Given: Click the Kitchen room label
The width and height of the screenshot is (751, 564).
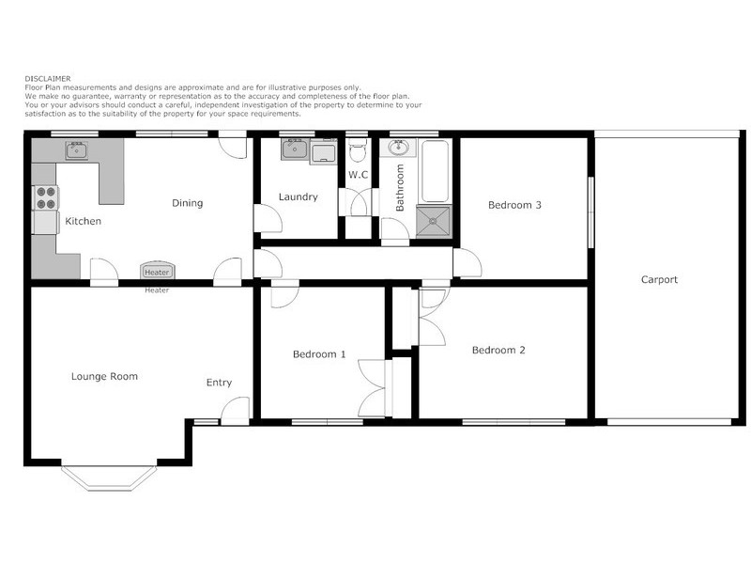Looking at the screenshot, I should (83, 221).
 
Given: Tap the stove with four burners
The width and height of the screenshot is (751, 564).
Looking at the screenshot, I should (45, 197).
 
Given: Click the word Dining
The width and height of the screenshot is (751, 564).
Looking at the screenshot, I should (187, 203).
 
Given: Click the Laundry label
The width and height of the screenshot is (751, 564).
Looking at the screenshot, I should (298, 197).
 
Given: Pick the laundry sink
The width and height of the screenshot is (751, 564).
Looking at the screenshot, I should (292, 148).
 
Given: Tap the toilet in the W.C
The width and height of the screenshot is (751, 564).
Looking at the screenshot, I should (357, 151).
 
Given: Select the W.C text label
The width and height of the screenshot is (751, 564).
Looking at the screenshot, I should (358, 175).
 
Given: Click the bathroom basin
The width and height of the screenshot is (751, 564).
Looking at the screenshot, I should (399, 148).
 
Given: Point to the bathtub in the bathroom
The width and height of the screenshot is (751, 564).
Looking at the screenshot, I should (435, 171).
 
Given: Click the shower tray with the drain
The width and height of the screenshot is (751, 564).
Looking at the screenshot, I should (434, 223).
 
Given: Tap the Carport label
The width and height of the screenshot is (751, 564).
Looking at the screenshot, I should (659, 279).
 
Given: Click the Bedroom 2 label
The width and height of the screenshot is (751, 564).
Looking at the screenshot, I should (498, 350).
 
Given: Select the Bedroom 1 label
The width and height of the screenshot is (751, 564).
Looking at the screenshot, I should (319, 354).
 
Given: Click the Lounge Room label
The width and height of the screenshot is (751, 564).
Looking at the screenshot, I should (104, 376).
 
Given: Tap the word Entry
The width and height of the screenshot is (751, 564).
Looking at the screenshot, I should (219, 383).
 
